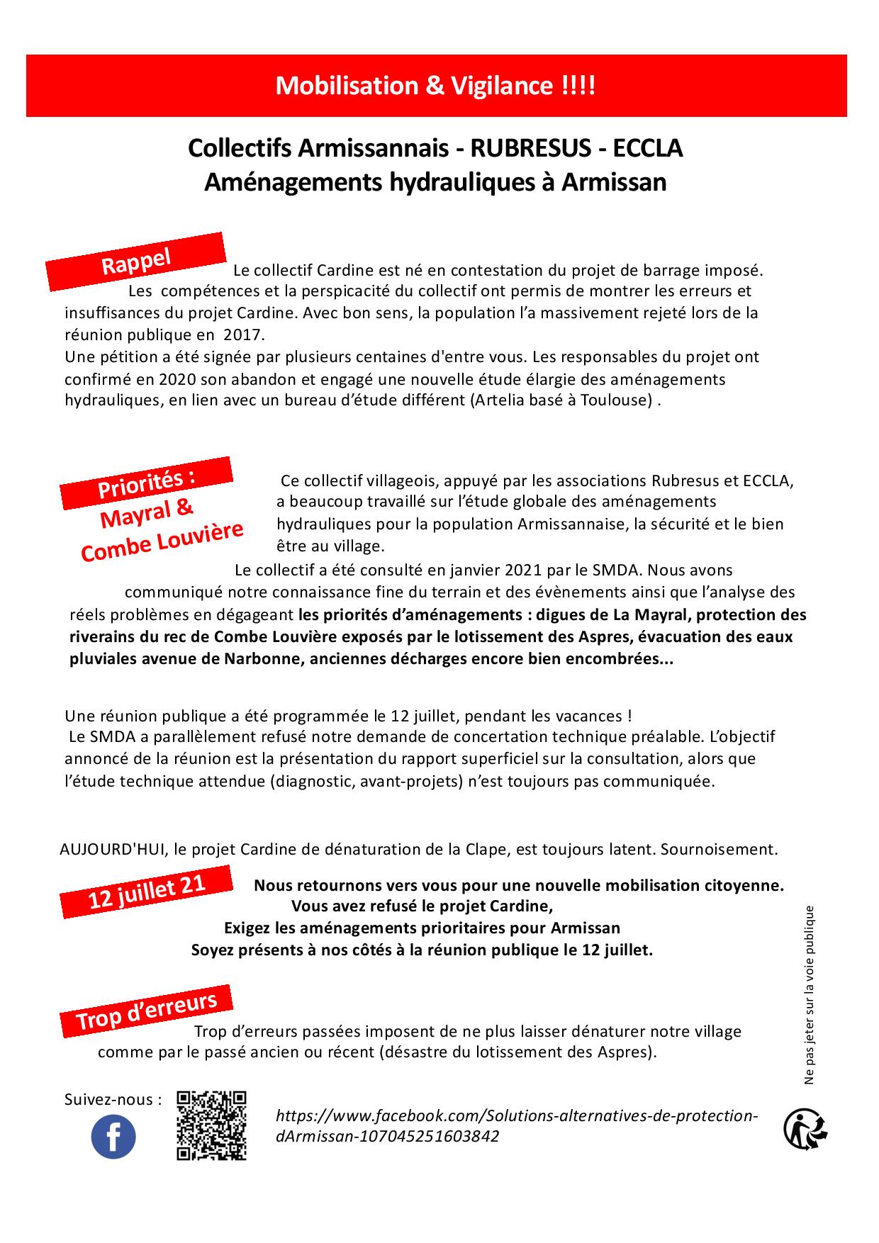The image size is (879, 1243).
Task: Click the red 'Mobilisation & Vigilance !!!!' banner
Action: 436,86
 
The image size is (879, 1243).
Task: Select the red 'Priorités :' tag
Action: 146,483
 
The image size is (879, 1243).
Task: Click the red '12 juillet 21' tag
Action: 147,890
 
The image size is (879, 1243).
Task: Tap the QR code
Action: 211,1125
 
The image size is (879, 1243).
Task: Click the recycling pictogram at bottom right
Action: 806,1129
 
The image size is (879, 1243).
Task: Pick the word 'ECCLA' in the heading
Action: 647,148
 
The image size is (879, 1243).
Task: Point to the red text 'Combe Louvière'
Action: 162,541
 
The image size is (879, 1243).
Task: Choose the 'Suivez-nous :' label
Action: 113,1100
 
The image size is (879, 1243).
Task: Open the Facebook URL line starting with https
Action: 517,1116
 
